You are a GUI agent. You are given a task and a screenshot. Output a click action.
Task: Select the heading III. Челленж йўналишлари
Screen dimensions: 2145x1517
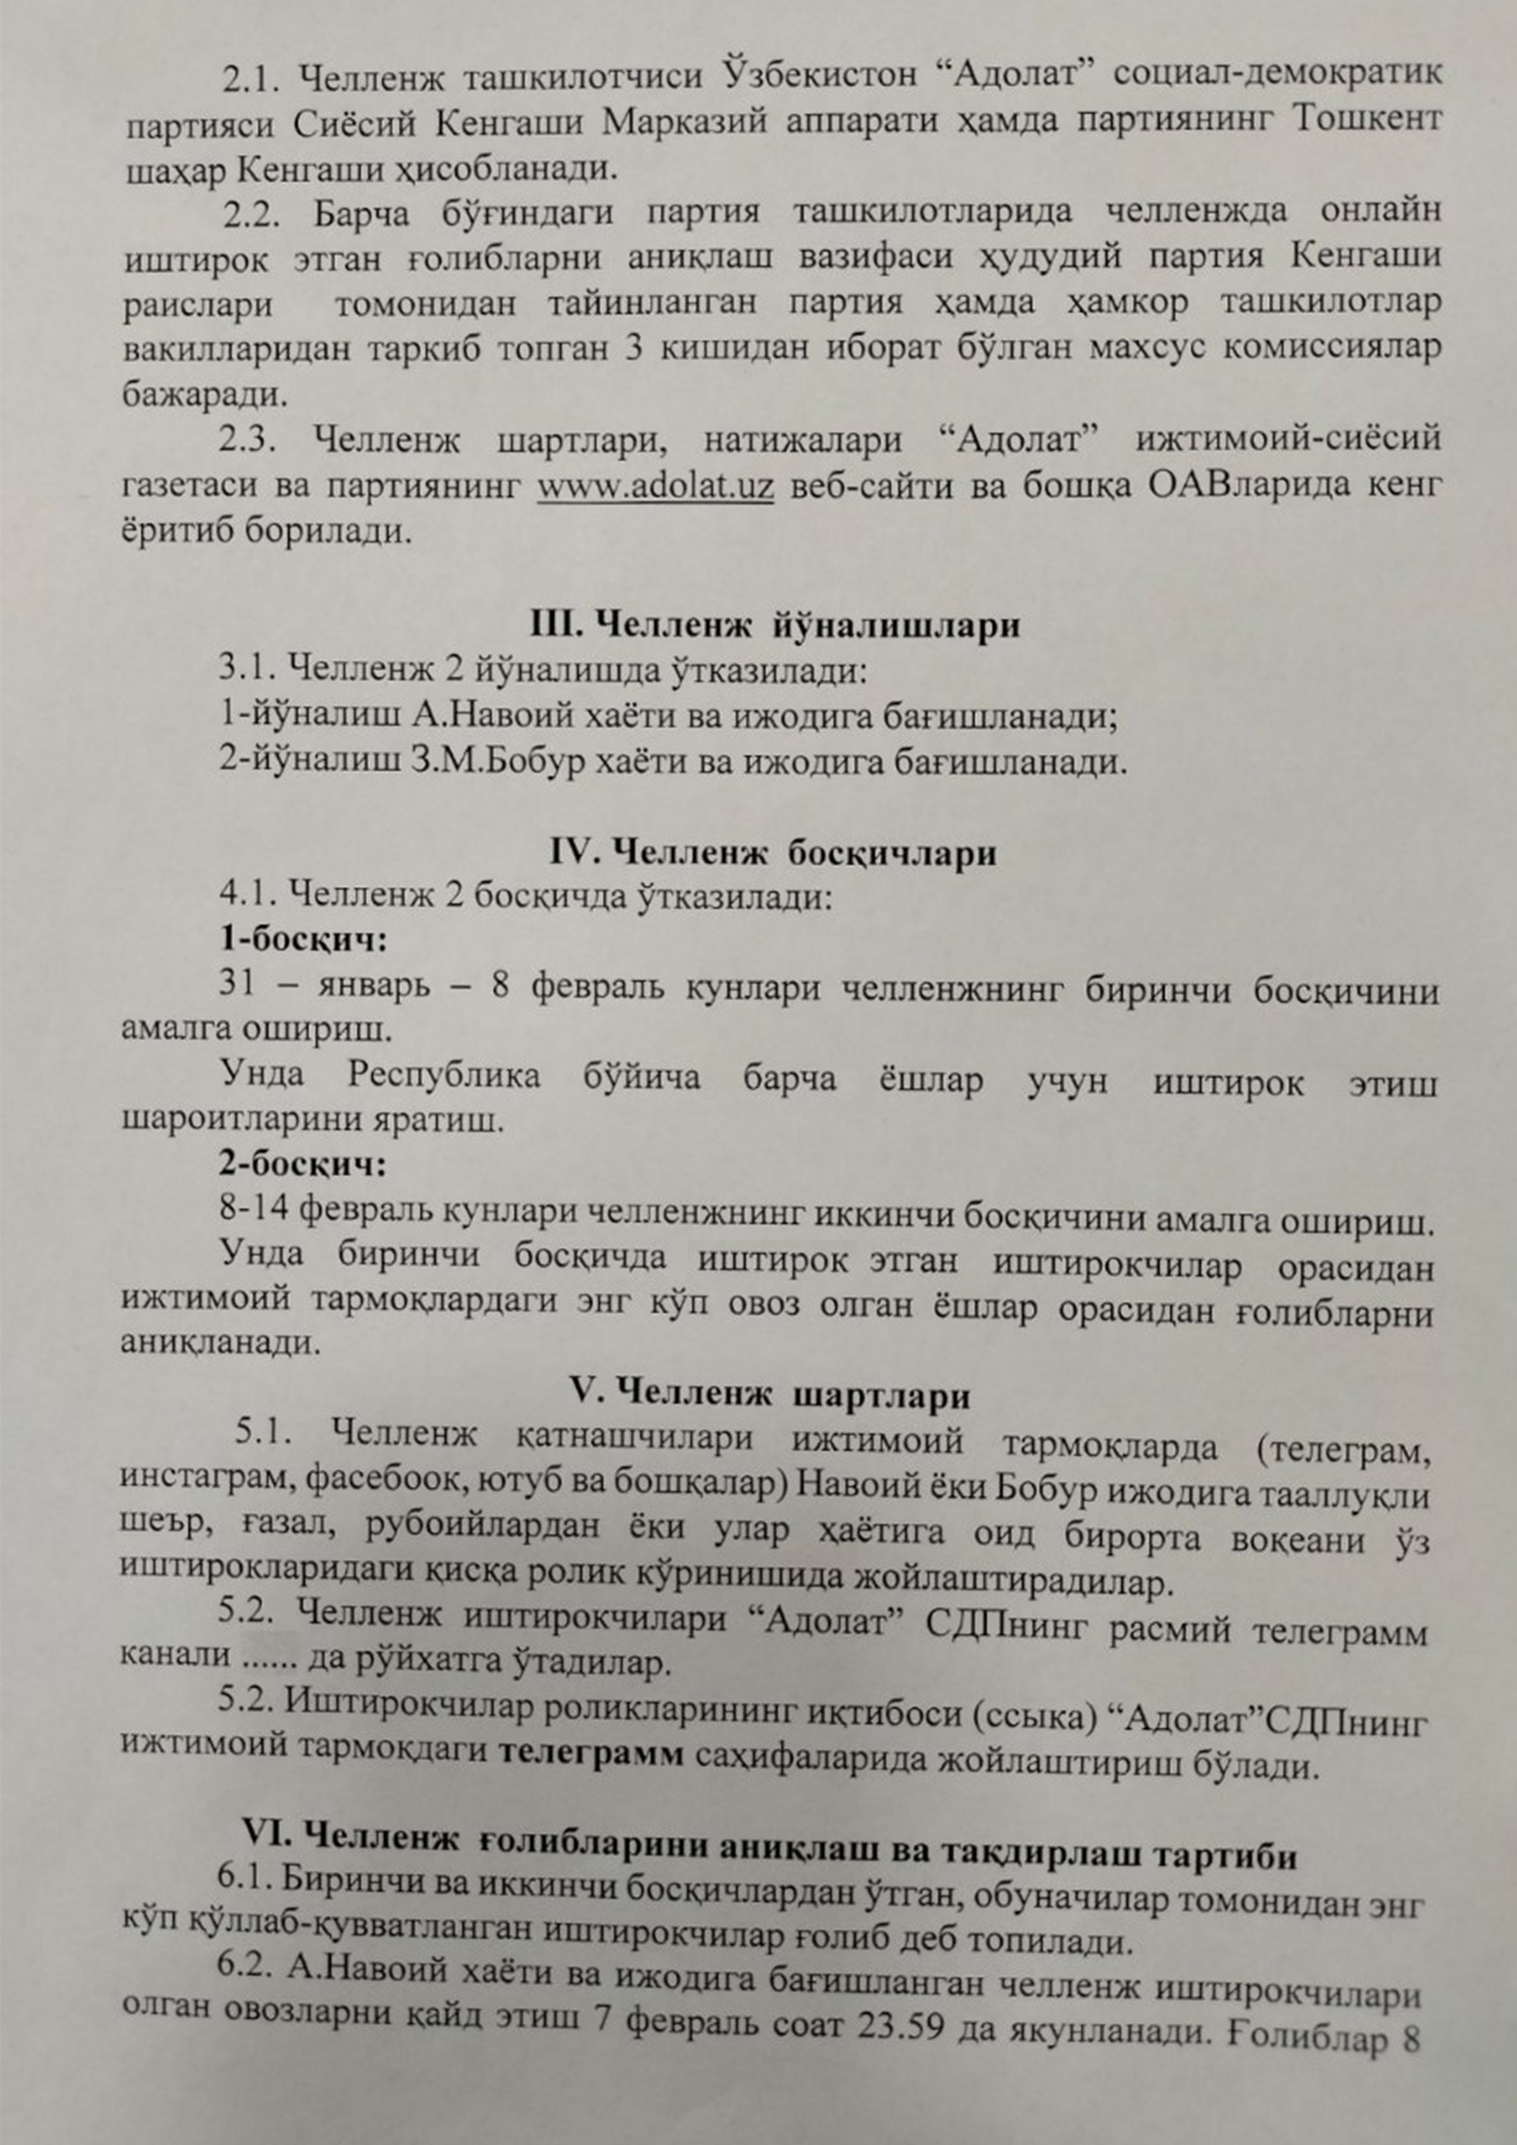[775, 625]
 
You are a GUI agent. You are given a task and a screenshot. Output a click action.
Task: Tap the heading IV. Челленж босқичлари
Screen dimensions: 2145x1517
[772, 853]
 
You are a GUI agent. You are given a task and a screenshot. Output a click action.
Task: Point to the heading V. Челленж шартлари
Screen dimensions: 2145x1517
[770, 1396]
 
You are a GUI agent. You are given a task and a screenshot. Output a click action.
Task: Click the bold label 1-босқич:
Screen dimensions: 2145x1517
[304, 939]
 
